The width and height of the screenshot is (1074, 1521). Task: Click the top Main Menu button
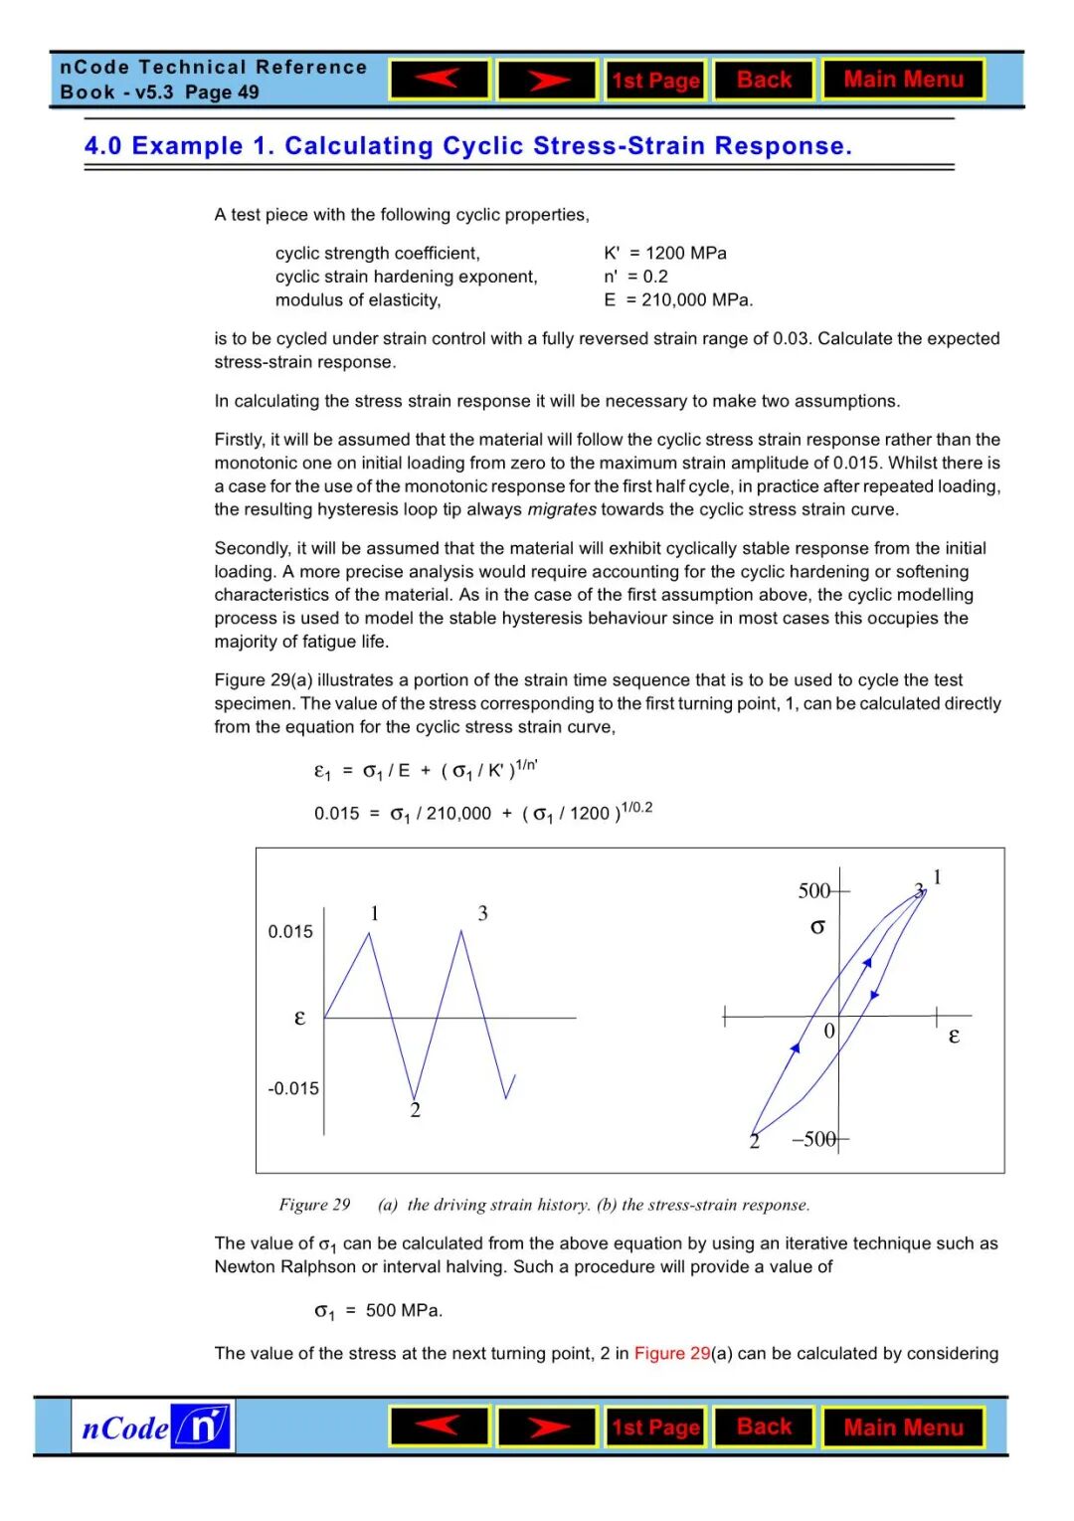point(903,80)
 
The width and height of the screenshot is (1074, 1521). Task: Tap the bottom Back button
point(764,1426)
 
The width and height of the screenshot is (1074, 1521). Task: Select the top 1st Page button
point(655,81)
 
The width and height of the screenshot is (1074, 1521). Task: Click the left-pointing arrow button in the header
point(440,80)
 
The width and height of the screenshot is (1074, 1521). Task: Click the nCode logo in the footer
point(154,1426)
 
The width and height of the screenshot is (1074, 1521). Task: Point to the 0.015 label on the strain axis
point(290,932)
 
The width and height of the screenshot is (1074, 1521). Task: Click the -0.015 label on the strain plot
point(293,1088)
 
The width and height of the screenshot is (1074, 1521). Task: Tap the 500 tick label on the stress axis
point(813,890)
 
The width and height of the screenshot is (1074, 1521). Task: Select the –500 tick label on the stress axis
point(813,1139)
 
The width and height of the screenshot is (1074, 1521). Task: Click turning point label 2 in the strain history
point(416,1110)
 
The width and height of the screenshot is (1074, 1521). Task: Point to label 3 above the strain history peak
point(483,913)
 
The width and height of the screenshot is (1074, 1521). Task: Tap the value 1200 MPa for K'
point(686,253)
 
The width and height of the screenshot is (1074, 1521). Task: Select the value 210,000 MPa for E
point(697,299)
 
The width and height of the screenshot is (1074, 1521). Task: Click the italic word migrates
point(562,509)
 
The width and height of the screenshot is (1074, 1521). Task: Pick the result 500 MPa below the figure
point(403,1310)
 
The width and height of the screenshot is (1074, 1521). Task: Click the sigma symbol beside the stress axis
point(817,927)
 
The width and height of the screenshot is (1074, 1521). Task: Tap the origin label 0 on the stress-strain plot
point(829,1032)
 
